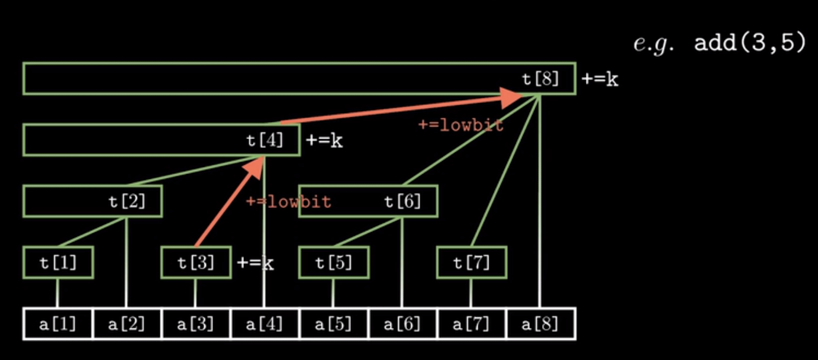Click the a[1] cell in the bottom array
point(57,324)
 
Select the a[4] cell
point(264,324)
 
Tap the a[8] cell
point(540,324)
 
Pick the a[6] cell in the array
point(402,324)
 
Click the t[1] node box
point(58,262)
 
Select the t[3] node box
point(196,262)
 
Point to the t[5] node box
point(334,262)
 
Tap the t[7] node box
point(472,262)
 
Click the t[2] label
point(127,201)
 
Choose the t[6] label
point(402,201)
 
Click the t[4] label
point(265,140)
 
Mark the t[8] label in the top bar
point(540,79)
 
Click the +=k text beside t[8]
point(600,79)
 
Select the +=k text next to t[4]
point(324,141)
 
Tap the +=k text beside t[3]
point(255,262)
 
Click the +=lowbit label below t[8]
point(460,125)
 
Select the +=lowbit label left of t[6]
point(288,202)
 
